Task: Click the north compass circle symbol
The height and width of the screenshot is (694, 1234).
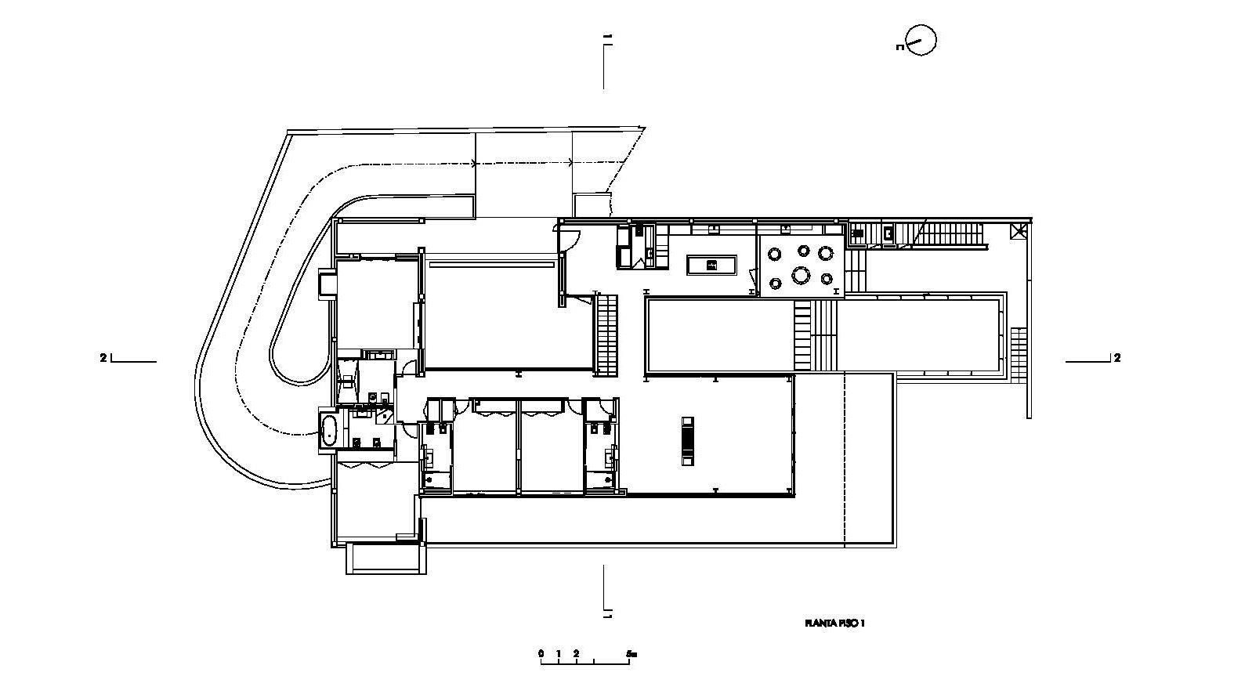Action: (x=921, y=40)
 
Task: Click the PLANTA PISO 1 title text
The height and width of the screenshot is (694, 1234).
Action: (x=834, y=624)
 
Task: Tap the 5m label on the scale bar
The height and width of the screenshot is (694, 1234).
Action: (x=631, y=653)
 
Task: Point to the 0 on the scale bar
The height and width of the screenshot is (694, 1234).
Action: (x=541, y=653)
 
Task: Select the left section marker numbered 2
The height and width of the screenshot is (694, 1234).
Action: (x=103, y=358)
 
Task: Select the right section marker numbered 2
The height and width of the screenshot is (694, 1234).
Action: (x=1117, y=358)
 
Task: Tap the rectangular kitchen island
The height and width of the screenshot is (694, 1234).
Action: (x=711, y=265)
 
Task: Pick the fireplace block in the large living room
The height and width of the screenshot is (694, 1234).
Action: (x=687, y=442)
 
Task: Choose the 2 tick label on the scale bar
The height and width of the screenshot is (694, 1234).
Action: (x=576, y=653)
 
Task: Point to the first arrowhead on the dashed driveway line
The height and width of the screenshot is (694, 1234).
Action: (x=473, y=164)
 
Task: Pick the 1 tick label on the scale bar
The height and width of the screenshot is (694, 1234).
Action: (x=559, y=653)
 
